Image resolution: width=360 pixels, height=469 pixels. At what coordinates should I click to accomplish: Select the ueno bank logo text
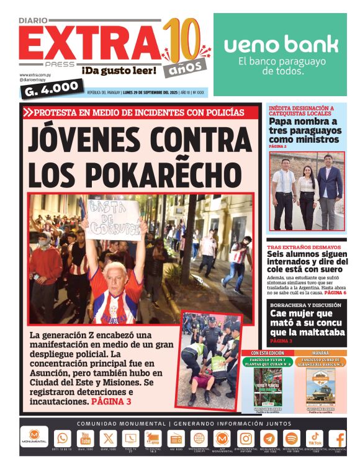tap(281, 45)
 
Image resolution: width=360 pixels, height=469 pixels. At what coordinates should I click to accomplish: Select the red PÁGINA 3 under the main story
tap(111, 401)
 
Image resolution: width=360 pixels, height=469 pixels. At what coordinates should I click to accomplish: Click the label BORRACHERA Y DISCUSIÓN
tap(305, 306)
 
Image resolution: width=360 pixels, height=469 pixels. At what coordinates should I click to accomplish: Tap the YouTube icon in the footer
tap(84, 438)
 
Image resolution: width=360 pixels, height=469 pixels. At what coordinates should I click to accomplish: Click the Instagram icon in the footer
tap(245, 438)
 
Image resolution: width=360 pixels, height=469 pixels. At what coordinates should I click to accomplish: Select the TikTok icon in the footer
tap(315, 438)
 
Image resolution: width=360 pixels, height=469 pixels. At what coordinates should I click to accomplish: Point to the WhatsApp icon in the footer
tap(61, 438)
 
